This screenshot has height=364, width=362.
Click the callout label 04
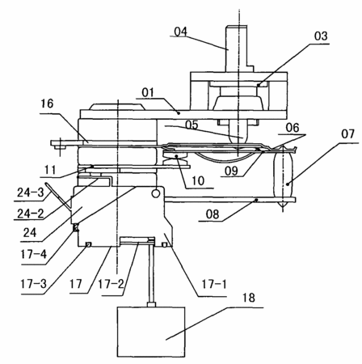click(180, 32)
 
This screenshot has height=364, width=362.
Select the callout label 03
click(321, 36)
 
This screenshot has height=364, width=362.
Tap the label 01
click(148, 93)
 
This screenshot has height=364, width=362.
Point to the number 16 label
click(47, 104)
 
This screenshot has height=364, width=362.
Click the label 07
click(347, 133)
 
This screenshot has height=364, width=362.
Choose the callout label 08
click(213, 214)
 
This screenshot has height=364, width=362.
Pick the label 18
click(248, 298)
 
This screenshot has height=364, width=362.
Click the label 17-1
click(214, 284)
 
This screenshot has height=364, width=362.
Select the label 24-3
click(30, 193)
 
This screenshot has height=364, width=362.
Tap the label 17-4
click(33, 254)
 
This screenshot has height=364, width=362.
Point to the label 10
click(198, 180)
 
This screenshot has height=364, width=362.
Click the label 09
click(232, 171)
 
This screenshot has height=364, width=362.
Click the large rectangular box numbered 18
click(151, 332)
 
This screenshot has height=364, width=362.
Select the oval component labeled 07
click(282, 177)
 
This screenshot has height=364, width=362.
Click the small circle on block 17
click(155, 193)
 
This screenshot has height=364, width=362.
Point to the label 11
click(50, 171)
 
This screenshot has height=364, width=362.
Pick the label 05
click(192, 125)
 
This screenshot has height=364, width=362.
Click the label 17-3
click(33, 284)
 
